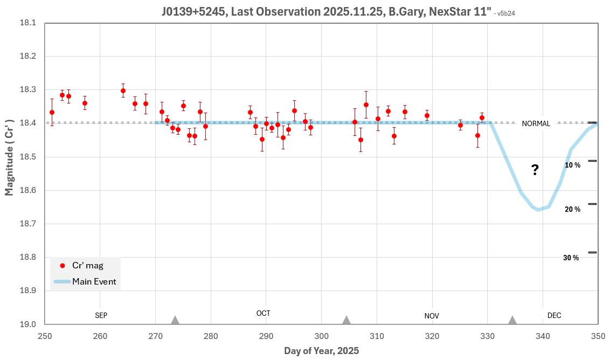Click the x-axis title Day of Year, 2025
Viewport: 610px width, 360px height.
[321, 351]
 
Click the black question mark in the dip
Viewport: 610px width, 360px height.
[535, 170]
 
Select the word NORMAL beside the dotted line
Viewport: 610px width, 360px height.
[536, 123]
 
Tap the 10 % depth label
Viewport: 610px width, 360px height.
[572, 165]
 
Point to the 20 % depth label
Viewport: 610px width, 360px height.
[572, 209]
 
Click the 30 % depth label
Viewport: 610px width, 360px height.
[571, 258]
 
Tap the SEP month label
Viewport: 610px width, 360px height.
[101, 315]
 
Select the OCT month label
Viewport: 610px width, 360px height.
[263, 313]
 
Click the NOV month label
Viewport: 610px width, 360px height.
[432, 316]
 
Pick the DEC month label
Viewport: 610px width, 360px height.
[554, 315]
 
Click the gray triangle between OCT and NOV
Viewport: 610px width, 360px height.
[346, 320]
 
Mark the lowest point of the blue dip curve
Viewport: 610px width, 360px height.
[538, 210]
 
